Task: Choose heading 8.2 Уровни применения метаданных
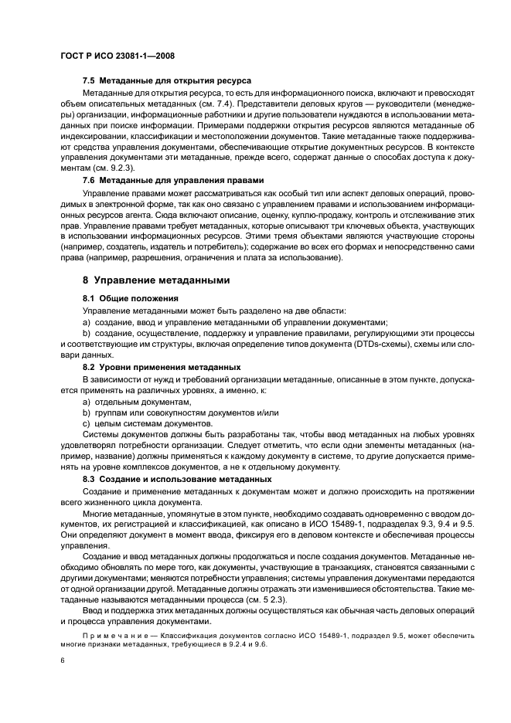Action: [162, 366]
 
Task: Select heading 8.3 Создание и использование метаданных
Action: [177, 479]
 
